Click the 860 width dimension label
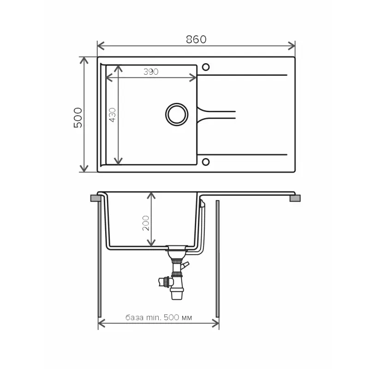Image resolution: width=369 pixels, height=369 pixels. click(196, 39)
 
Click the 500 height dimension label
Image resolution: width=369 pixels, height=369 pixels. click(78, 118)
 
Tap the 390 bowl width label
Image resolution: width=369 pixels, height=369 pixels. click(151, 71)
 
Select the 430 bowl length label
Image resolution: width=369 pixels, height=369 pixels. click(113, 115)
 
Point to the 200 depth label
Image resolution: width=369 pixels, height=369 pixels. click(146, 223)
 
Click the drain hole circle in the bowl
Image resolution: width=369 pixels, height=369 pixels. click(177, 114)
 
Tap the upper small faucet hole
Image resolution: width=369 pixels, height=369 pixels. click(206, 67)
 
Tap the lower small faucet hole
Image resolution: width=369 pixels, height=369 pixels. click(206, 162)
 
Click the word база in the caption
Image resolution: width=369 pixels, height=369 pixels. click(134, 318)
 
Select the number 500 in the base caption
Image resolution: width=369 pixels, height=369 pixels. click(171, 317)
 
